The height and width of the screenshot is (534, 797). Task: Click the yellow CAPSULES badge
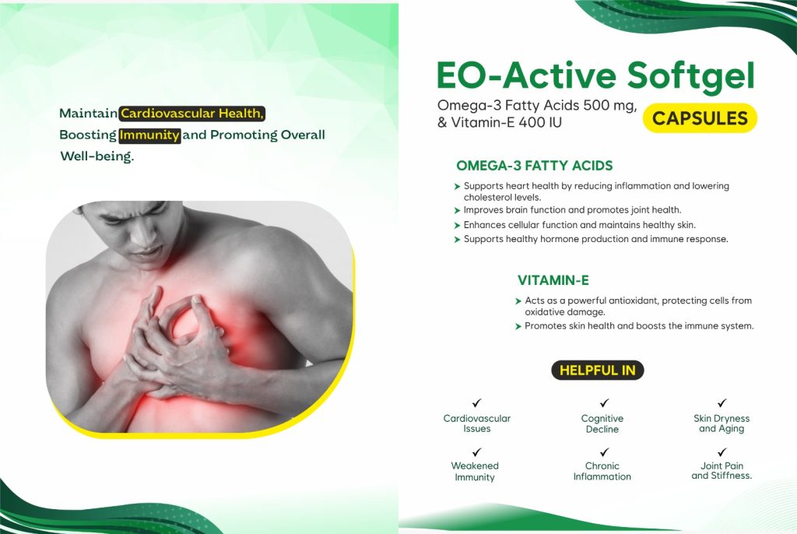700,118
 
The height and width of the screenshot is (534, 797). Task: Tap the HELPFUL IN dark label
597,371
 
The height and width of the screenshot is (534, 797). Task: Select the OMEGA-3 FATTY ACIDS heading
534,166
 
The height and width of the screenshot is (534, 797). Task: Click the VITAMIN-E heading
553,280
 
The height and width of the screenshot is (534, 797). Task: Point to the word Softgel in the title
691,76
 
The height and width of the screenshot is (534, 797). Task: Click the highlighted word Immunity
149,135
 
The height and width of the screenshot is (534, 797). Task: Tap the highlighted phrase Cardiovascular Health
192,114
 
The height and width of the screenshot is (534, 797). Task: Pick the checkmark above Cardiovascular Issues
476,402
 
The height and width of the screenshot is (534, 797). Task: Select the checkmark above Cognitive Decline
604,402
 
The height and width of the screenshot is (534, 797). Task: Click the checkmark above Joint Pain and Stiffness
722,451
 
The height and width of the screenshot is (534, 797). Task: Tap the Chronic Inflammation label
602,471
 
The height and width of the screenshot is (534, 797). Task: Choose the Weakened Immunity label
475,472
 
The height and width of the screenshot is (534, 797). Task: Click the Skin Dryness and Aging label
722,423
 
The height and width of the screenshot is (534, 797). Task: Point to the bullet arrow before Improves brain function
457,210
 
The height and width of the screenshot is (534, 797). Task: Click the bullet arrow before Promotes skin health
518,326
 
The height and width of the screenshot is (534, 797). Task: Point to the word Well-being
97,156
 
